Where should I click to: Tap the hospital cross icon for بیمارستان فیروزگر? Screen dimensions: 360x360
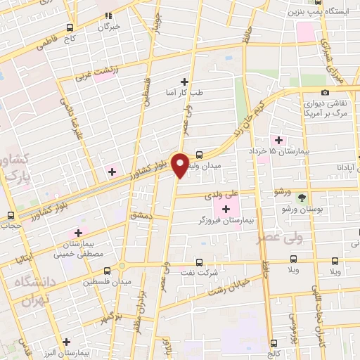click(x=226, y=209)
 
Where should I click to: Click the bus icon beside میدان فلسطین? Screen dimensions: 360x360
click(x=107, y=271)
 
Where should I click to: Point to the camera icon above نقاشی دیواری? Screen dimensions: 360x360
click(x=325, y=93)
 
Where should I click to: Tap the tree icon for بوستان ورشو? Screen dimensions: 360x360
click(x=302, y=198)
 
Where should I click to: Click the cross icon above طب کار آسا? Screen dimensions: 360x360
click(x=185, y=82)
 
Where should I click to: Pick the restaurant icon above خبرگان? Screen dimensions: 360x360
click(x=108, y=14)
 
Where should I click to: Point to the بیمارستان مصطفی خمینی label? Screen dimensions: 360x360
click(x=79, y=245)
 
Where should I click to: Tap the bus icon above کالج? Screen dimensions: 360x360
click(x=273, y=342)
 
